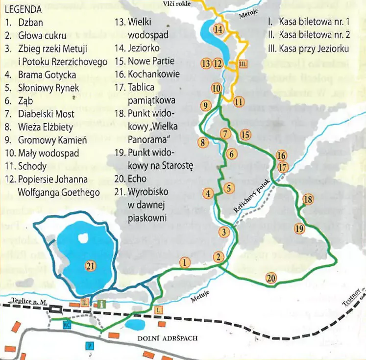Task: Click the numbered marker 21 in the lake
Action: click(89, 266)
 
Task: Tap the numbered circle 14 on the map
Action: click(219, 29)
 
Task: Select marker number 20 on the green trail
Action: click(271, 278)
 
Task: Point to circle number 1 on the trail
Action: click(184, 262)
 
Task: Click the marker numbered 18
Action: click(308, 199)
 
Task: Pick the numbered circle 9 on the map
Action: click(206, 105)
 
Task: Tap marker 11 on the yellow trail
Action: click(239, 102)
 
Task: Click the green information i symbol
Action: click(101, 304)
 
